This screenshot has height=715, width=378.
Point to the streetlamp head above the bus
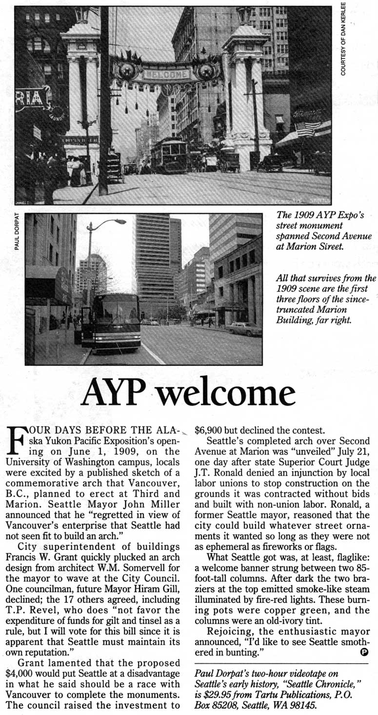pyautogui.click(x=118, y=222)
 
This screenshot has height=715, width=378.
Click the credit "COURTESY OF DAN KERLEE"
pyautogui.click(x=343, y=39)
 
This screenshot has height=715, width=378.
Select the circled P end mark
pyautogui.click(x=363, y=652)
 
